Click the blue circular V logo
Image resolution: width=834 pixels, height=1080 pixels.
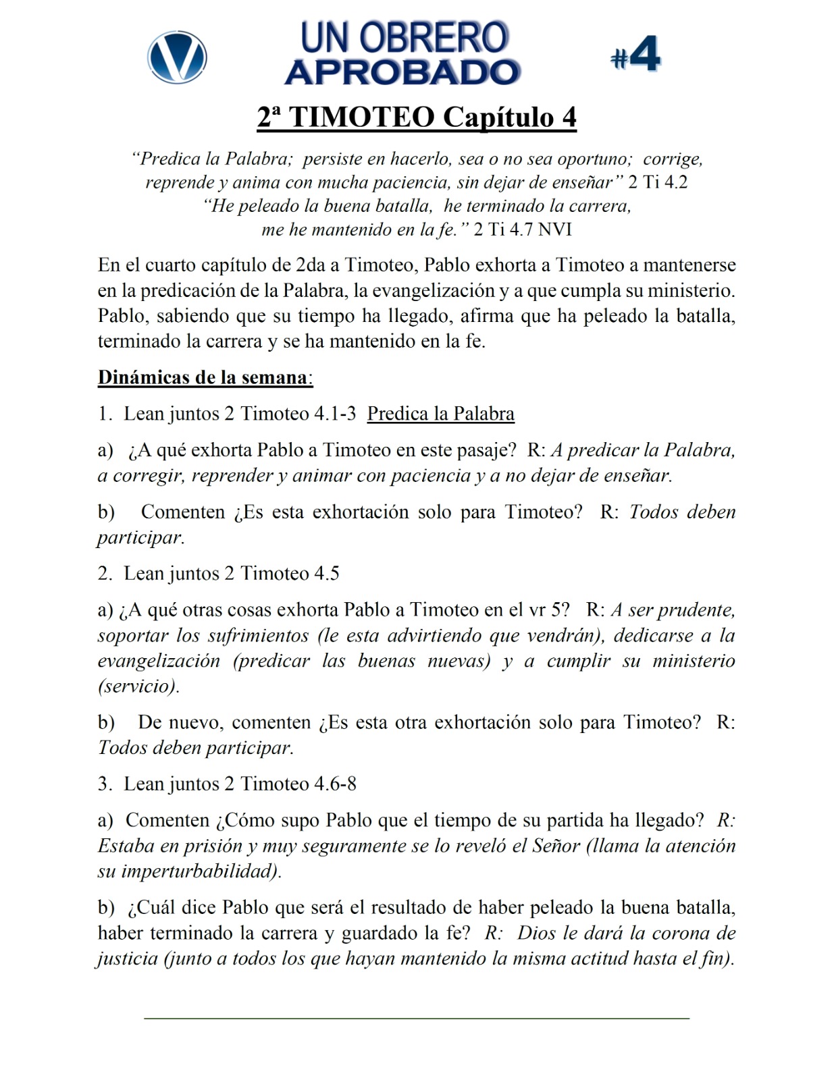pyautogui.click(x=177, y=57)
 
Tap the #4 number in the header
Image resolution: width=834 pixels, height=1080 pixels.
pyautogui.click(x=635, y=55)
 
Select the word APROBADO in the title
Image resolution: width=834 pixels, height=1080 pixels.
pyautogui.click(x=402, y=72)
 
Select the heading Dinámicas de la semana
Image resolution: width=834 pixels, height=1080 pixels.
pyautogui.click(x=205, y=377)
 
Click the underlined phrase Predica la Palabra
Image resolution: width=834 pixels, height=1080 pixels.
pyautogui.click(x=440, y=414)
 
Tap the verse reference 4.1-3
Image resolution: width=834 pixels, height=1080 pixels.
pyautogui.click(x=335, y=414)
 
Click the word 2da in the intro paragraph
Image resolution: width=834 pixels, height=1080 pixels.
pyautogui.click(x=311, y=265)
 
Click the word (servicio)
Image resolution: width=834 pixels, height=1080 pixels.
pyautogui.click(x=138, y=686)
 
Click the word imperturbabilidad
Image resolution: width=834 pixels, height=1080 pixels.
pyautogui.click(x=199, y=871)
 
